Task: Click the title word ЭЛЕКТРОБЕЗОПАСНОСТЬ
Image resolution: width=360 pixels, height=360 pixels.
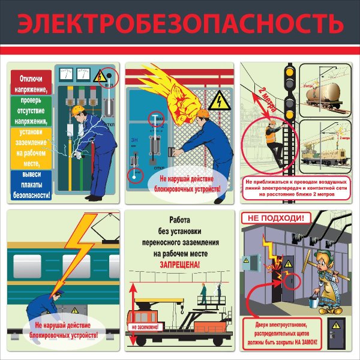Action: click(180, 24)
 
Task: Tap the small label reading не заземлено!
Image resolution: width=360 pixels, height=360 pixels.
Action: click(143, 327)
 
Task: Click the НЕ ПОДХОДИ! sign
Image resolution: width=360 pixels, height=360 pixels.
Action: click(276, 218)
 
